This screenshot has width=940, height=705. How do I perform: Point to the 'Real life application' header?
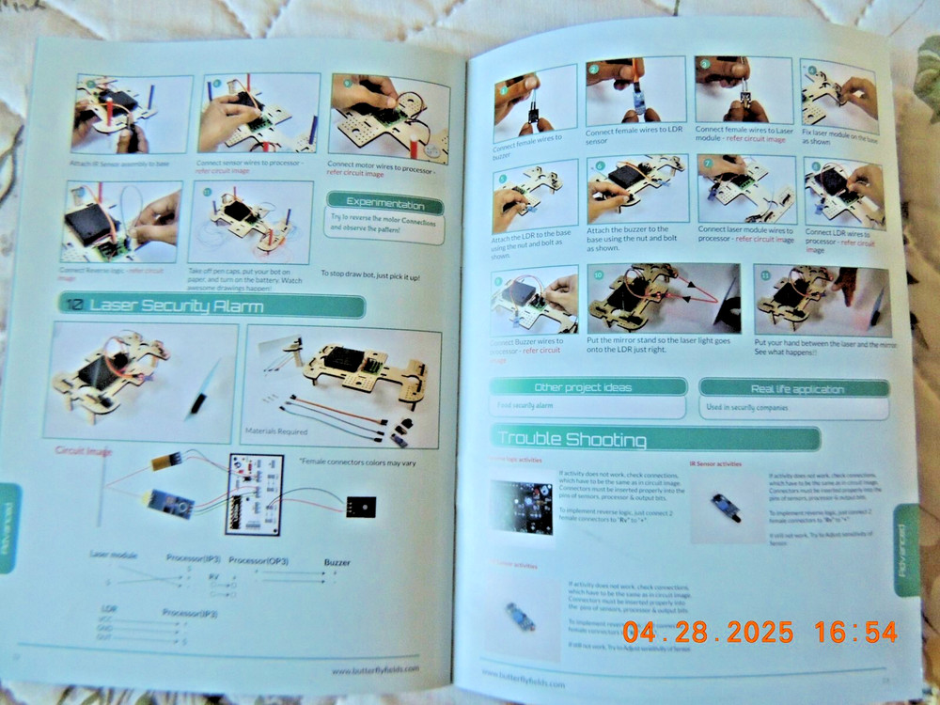794,387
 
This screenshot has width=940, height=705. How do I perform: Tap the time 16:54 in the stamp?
855,632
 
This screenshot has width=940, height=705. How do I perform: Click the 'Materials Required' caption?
276,431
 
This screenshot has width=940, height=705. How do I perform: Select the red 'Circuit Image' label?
84,451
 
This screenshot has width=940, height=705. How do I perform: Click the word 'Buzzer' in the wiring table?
337,562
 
